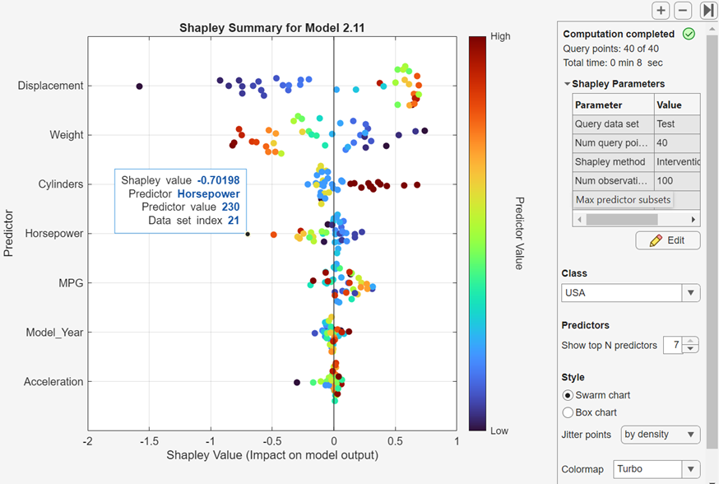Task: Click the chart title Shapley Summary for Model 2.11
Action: click(x=271, y=27)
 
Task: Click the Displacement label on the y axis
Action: click(x=50, y=86)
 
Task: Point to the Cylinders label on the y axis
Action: click(x=61, y=184)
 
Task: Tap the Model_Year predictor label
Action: click(x=54, y=333)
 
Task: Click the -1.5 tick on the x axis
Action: click(x=149, y=441)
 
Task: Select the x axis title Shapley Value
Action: click(x=271, y=455)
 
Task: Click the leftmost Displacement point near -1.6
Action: click(x=139, y=86)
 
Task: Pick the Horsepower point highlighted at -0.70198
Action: click(x=247, y=234)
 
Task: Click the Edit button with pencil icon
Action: click(x=667, y=240)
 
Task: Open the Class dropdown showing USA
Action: click(x=631, y=293)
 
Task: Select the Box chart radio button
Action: click(x=568, y=412)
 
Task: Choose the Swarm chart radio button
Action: click(x=568, y=395)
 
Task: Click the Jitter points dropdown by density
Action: click(x=661, y=434)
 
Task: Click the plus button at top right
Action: click(x=661, y=10)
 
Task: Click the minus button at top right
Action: click(x=683, y=10)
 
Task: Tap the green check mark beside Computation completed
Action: click(x=689, y=35)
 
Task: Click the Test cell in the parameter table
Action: click(x=666, y=123)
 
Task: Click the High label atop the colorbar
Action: click(x=500, y=36)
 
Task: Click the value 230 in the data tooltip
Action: click(x=230, y=207)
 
